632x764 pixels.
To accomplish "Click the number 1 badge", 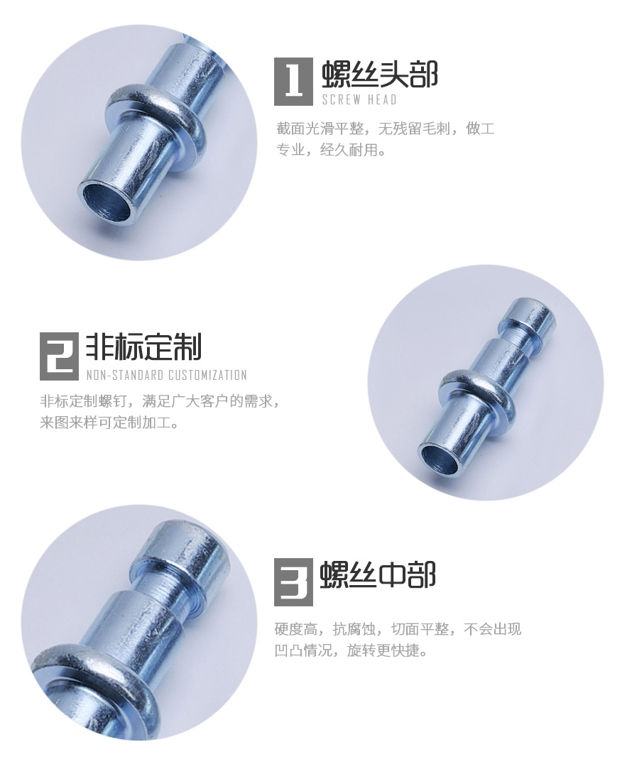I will (293, 80).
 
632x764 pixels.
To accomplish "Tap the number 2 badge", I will (59, 355).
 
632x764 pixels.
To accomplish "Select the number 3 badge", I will (293, 581).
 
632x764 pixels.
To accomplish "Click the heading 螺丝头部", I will (380, 74).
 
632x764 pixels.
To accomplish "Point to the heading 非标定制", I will (144, 347).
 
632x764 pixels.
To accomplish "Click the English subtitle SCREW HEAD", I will (359, 99).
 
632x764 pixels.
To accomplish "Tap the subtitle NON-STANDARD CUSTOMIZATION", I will (166, 375).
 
